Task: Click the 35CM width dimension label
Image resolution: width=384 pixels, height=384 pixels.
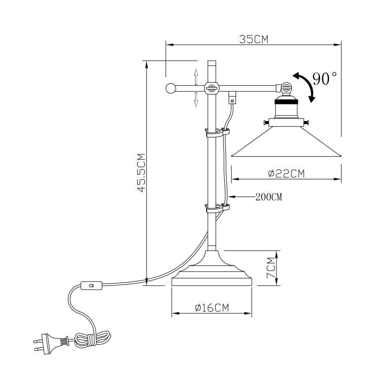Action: pyautogui.click(x=254, y=39)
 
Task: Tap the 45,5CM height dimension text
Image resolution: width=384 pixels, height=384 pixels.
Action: pyautogui.click(x=141, y=173)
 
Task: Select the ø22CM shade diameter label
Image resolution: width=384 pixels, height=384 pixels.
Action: pyautogui.click(x=287, y=173)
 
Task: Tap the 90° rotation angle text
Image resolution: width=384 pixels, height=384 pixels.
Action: pyautogui.click(x=325, y=79)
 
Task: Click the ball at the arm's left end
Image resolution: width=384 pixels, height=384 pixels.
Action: pyautogui.click(x=170, y=88)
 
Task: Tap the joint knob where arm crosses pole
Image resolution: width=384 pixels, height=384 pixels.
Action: pyautogui.click(x=211, y=88)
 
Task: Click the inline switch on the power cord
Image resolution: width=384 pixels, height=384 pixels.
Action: pyautogui.click(x=92, y=286)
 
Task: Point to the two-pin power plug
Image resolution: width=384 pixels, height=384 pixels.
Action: pyautogui.click(x=49, y=342)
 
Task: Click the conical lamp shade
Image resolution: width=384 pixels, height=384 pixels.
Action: pyautogui.click(x=287, y=142)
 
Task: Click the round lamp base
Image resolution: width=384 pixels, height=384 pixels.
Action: pyautogui.click(x=211, y=272)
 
